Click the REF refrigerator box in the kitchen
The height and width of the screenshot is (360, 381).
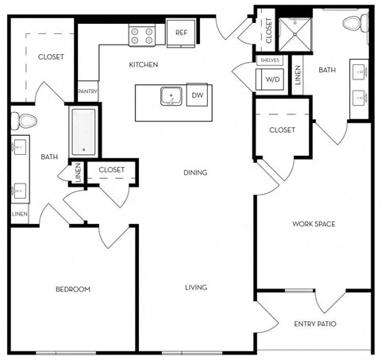pyautogui.click(x=182, y=33)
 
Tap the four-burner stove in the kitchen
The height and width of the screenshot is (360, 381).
pyautogui.click(x=142, y=35)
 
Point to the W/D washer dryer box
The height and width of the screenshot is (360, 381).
pyautogui.click(x=270, y=79)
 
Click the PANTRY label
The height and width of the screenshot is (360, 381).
pyautogui.click(x=87, y=93)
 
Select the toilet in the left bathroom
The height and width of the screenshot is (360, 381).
pyautogui.click(x=25, y=122)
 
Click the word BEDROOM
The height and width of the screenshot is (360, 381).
pyautogui.click(x=72, y=288)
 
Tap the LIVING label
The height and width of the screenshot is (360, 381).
pyautogui.click(x=196, y=288)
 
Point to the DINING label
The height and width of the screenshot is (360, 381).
pyautogui.click(x=195, y=172)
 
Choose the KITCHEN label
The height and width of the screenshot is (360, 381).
pyautogui.click(x=144, y=64)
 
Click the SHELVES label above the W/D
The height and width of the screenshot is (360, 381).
pyautogui.click(x=269, y=60)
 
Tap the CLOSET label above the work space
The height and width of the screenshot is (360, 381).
pyautogui.click(x=282, y=130)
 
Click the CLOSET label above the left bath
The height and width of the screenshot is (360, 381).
pyautogui.click(x=51, y=57)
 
